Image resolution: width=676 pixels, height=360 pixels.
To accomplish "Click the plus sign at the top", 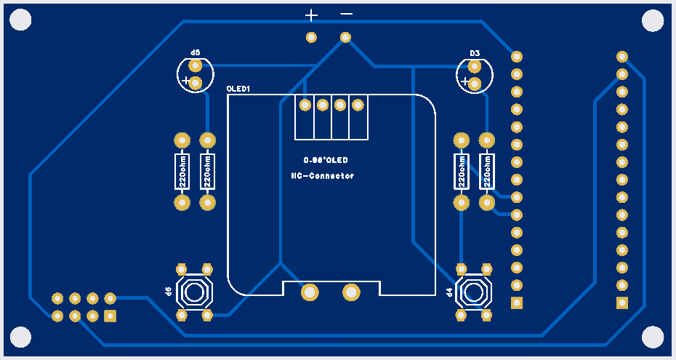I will coord(311,15).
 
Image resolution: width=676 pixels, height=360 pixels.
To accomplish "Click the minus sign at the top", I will coord(347,14).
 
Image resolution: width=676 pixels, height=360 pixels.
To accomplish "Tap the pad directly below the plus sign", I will coord(311,37).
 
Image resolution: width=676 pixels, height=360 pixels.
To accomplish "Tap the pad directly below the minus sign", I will coord(346,37).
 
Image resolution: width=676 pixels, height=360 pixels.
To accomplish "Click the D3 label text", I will coord(475,53).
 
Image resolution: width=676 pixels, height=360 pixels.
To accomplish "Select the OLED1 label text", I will coord(238,89).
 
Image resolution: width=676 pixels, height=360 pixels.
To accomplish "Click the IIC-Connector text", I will coord(322,176).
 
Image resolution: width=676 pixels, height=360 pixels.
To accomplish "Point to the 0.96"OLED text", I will coord(326,159).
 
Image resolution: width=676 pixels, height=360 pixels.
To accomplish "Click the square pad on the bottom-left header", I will coord(110,316).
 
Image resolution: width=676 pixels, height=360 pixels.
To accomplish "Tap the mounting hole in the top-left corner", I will coord(21,20).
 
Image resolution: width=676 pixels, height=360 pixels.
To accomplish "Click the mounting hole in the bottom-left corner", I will coord(21,337).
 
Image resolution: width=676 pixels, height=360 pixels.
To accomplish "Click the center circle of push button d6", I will coord(194,292).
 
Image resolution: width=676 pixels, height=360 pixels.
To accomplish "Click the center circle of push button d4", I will coord(474,292).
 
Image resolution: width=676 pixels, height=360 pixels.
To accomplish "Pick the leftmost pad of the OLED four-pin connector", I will coord(305,105).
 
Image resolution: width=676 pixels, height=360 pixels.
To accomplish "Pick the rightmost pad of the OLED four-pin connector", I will coord(358,105).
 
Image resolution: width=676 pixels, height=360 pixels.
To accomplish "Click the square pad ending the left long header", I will coord(517,303).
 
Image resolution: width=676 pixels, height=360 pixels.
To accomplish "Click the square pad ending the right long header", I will coord(621,303).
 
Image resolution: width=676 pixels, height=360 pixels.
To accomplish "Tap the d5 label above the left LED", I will coord(195,53).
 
